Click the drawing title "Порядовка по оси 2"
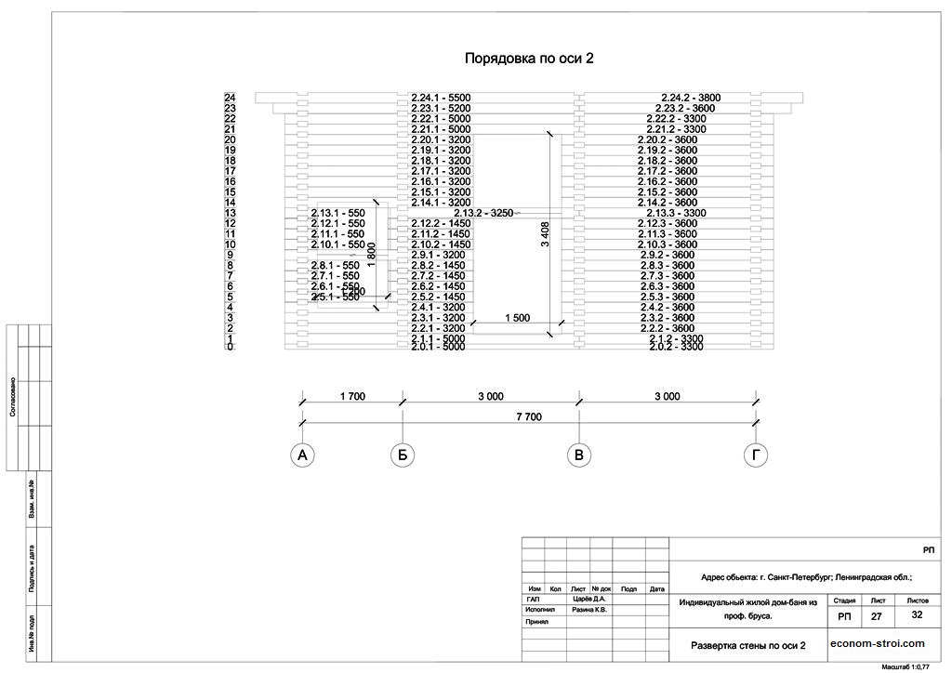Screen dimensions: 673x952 pos(529,58)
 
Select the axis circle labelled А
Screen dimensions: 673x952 pos(300,455)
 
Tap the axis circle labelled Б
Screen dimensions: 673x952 pos(403,455)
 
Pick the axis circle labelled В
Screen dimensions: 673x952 pos(579,455)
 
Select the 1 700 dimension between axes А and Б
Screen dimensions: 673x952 pos(352,396)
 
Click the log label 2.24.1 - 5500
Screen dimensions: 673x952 pos(442,98)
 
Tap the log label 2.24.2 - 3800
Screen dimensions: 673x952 pos(691,98)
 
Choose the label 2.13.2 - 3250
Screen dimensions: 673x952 pos(483,213)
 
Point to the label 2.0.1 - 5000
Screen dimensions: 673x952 pos(438,347)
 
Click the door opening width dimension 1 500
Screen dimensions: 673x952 pos(517,318)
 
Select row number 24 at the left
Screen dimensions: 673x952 pos(231,98)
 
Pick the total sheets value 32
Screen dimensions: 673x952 pos(917,615)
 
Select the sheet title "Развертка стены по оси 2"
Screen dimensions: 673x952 pos(747,644)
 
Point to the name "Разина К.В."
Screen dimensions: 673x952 pos(589,611)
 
